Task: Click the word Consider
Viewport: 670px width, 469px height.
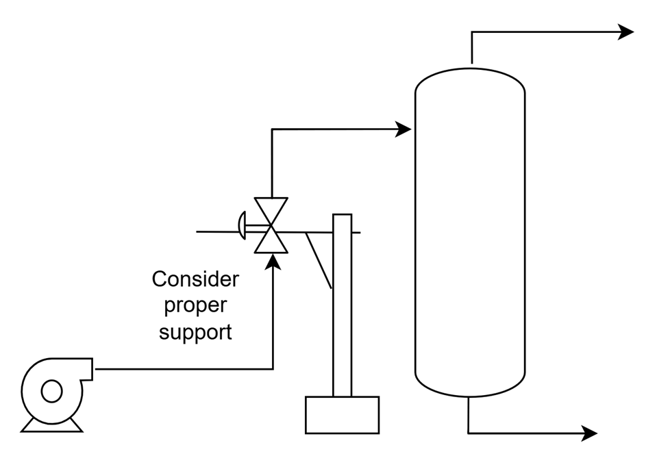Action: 195,279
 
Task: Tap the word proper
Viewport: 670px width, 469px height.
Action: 195,306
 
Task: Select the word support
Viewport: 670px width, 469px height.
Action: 195,332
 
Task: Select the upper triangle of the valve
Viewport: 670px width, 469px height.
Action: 271,211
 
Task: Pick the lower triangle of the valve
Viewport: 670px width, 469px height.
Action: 271,240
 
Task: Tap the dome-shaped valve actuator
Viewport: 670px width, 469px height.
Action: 243,225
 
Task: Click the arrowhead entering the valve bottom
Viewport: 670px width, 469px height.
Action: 273,261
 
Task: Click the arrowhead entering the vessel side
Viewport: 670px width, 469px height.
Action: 403,129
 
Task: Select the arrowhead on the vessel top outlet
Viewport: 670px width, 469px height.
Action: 626,31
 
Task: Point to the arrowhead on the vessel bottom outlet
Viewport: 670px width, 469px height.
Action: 590,433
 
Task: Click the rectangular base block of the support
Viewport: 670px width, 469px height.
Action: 343,415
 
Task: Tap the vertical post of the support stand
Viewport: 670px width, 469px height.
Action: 343,305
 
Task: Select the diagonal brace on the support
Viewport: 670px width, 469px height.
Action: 319,260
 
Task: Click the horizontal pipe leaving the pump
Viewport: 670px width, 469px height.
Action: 184,369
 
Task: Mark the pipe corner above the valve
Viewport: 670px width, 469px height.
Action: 272,129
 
